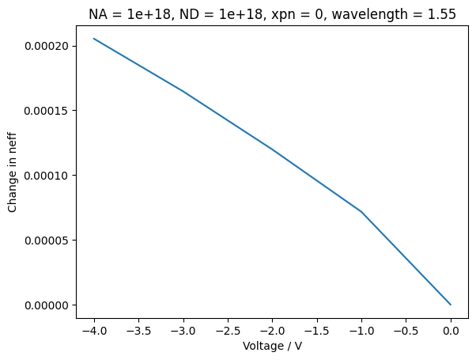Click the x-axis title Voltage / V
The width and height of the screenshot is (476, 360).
point(271,346)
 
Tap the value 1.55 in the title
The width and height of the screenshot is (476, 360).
point(442,14)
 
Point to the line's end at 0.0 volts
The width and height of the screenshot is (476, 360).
point(451,305)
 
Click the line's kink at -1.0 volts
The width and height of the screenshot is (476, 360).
point(361,211)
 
